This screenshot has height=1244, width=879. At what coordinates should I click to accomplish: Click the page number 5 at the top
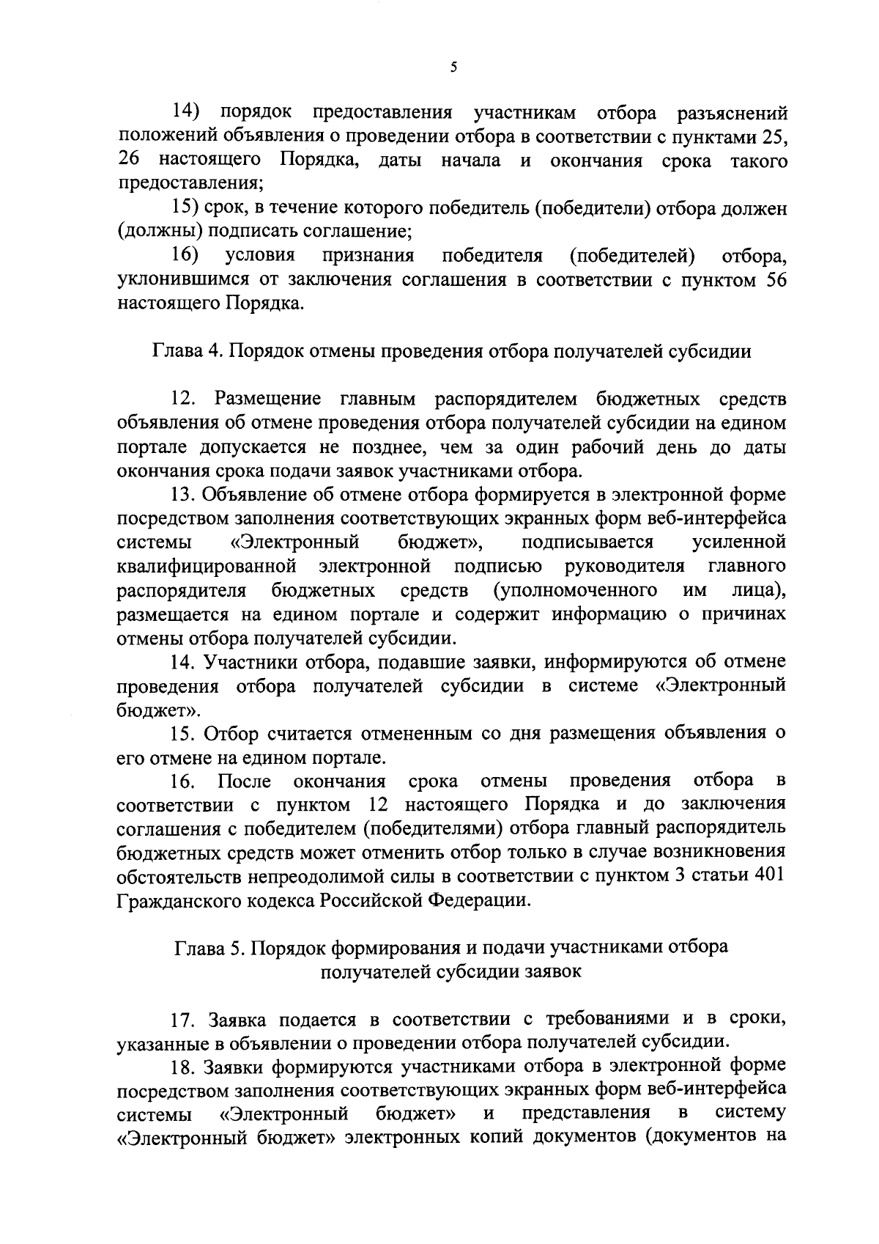click(453, 67)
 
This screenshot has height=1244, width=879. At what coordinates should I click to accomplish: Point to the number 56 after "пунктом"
click(774, 280)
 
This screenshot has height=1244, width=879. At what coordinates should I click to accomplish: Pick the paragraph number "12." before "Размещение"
click(184, 399)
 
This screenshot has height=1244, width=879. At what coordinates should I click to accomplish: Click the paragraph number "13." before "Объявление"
click(184, 495)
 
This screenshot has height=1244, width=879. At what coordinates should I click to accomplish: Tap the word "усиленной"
click(739, 542)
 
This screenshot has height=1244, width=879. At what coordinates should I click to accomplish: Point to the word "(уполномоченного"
click(574, 591)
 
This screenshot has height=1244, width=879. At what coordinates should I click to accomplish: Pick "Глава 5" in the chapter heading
click(209, 947)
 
